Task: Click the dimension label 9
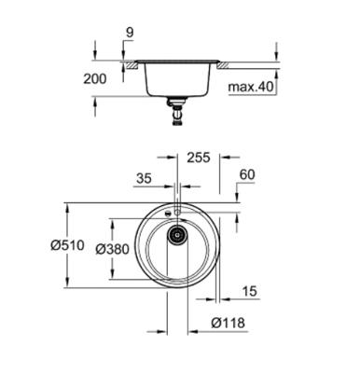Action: tap(130, 33)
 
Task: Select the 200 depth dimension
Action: tap(95, 78)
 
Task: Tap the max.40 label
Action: tap(250, 87)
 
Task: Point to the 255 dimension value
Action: tap(199, 158)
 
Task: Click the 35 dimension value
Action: tap(144, 178)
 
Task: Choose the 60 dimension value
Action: tap(247, 174)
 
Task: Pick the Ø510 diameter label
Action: tap(67, 245)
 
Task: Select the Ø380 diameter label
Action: tap(112, 249)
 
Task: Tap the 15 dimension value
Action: tap(250, 291)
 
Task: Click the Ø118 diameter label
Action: tap(228, 323)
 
